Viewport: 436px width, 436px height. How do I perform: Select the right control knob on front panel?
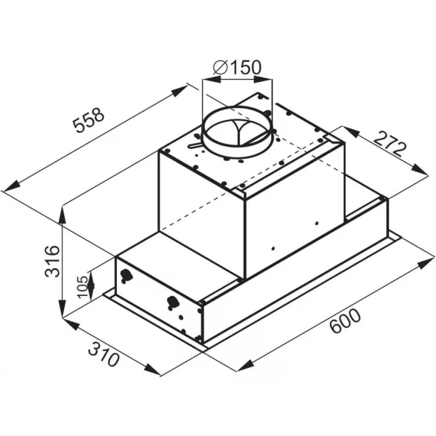(174, 303)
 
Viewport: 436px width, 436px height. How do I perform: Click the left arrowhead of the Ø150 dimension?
(206, 78)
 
